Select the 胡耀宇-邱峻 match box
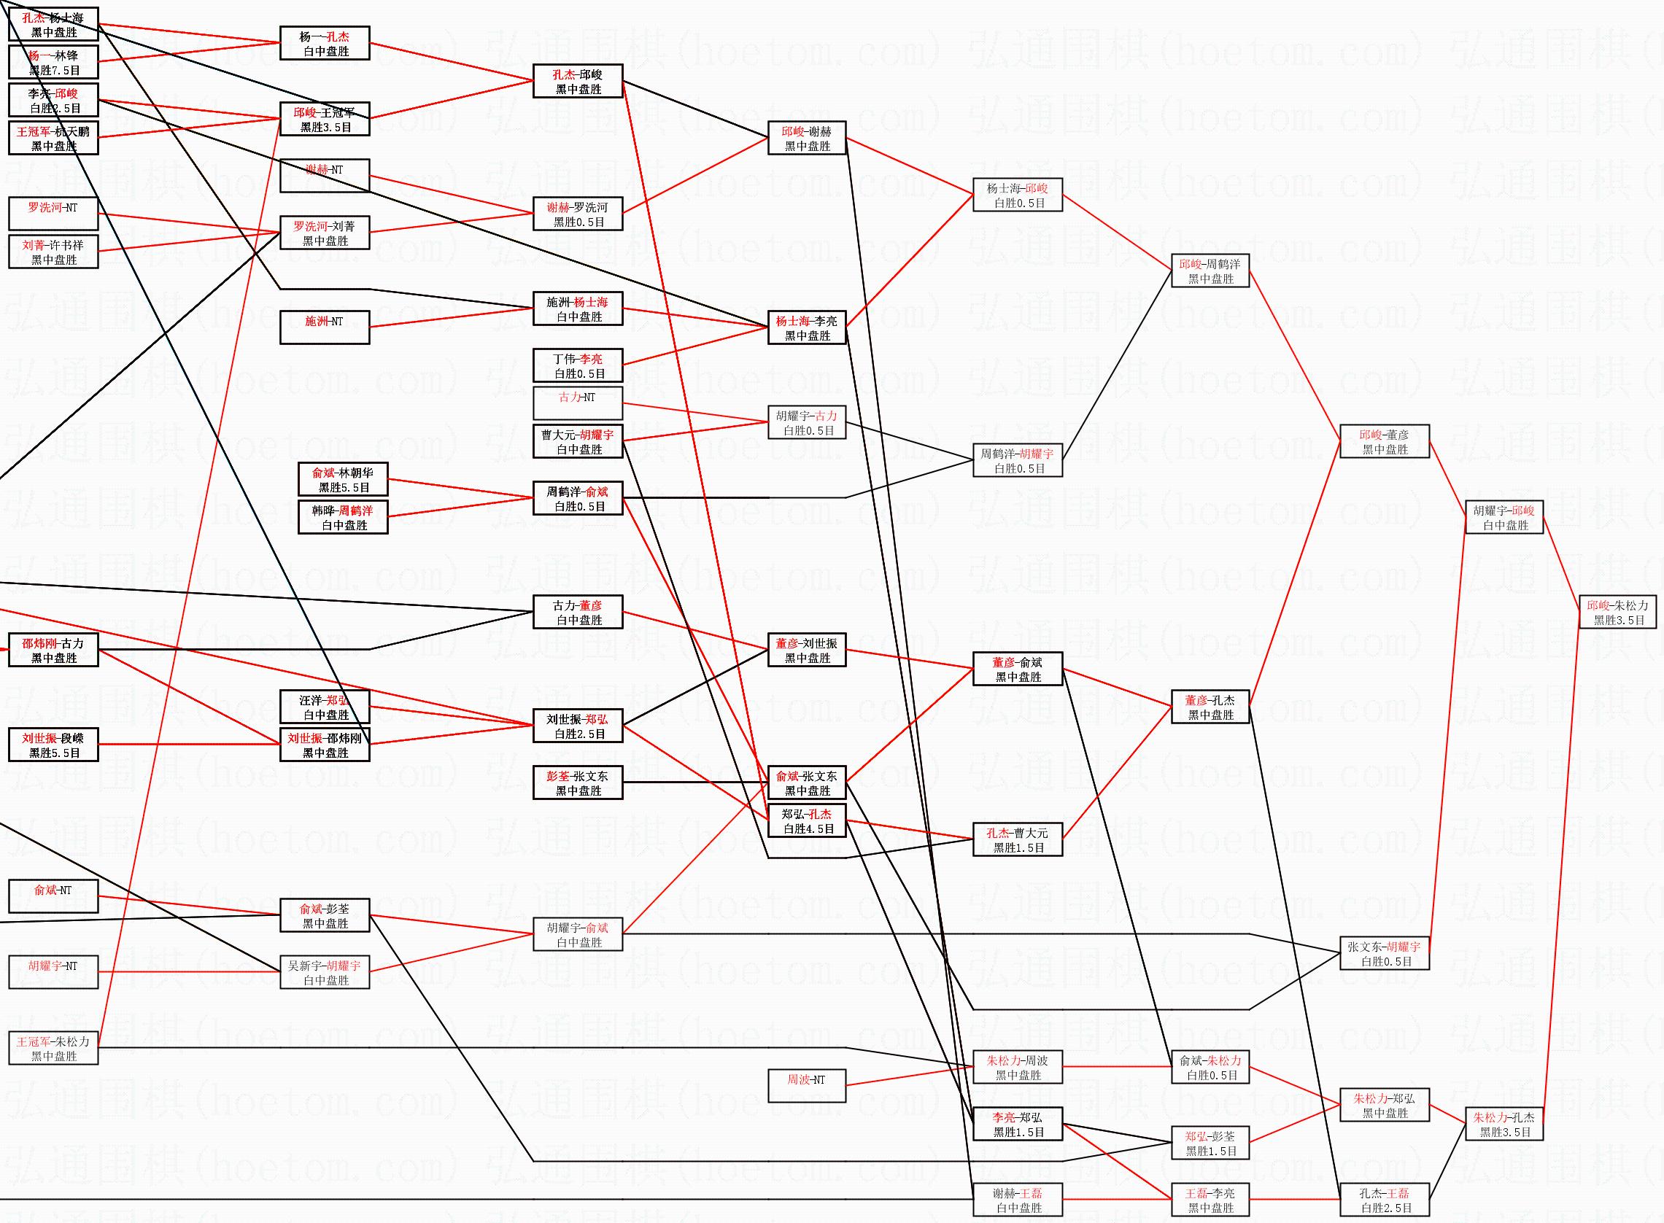point(1504,518)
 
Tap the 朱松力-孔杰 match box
point(1504,1125)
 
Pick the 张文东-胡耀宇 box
point(1383,953)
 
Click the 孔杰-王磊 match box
point(1383,1200)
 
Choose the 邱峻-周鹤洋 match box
point(1210,271)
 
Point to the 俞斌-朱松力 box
point(1210,1068)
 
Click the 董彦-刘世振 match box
point(805,650)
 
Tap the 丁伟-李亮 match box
point(578,365)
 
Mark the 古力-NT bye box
point(578,403)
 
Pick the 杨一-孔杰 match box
point(325,43)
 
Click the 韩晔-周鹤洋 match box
point(342,518)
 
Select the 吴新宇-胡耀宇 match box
point(325,972)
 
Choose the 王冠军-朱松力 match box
point(53,1048)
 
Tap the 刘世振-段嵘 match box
point(53,745)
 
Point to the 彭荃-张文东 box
point(578,783)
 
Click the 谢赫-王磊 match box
point(1018,1200)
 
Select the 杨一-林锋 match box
point(53,62)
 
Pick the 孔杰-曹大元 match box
point(1018,839)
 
